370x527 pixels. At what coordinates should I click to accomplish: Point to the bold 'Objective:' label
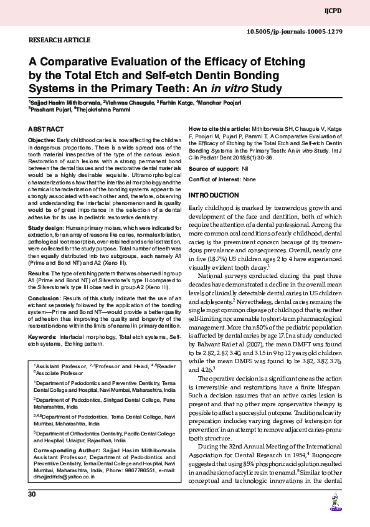coord(42,141)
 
